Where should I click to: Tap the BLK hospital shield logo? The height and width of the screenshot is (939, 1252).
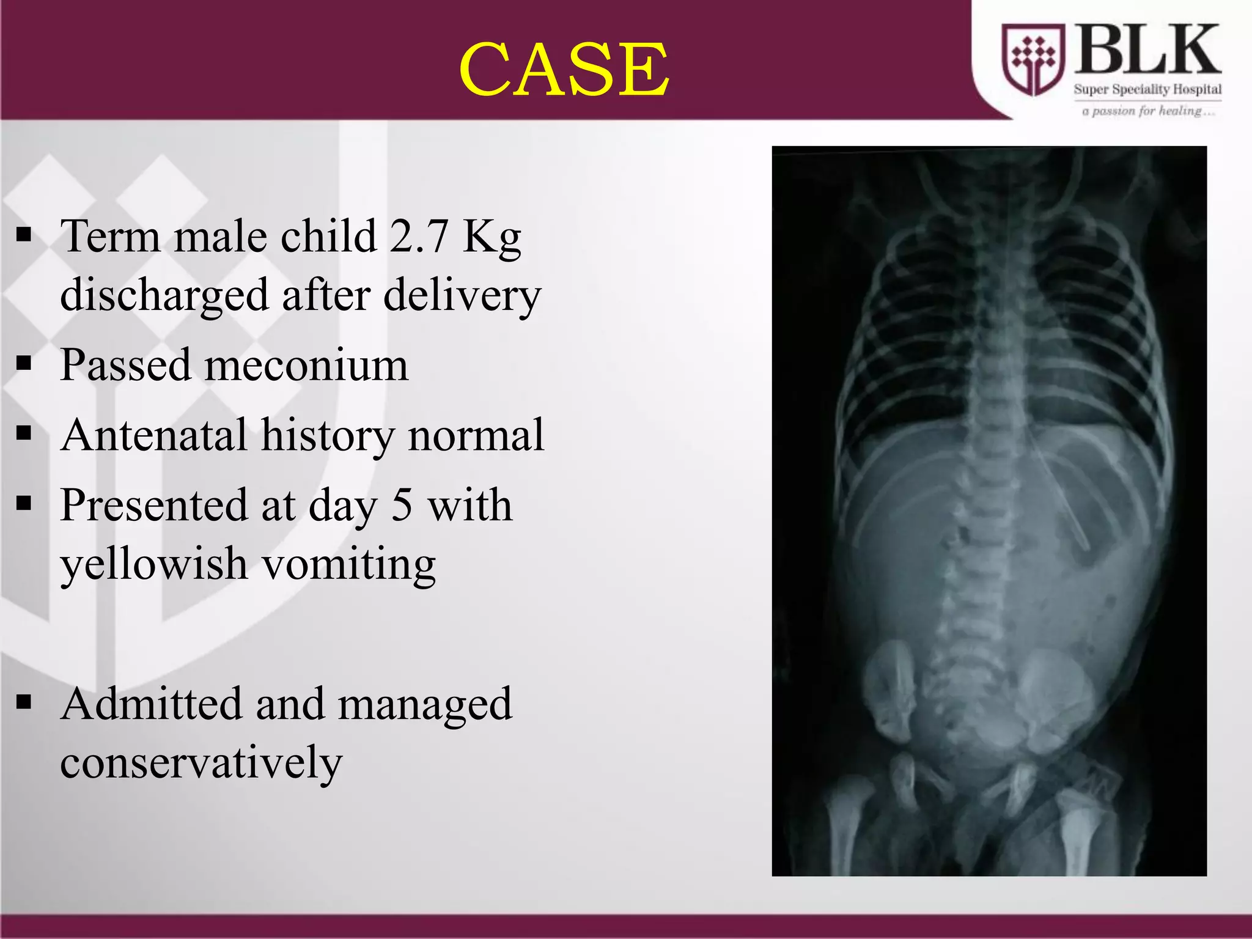1033,60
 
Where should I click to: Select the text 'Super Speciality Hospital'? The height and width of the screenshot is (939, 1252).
1147,89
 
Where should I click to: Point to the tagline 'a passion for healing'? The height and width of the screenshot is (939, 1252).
1147,111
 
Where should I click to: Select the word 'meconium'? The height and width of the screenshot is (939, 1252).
306,365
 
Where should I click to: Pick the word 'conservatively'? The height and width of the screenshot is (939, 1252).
201,762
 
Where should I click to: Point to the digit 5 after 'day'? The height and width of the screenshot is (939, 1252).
401,506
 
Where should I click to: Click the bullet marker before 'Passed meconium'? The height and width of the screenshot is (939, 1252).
24,364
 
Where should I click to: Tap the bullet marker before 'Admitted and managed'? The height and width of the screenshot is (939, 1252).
24,702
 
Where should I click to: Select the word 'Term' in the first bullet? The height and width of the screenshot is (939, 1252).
110,236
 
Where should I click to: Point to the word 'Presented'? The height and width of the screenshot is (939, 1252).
153,506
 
